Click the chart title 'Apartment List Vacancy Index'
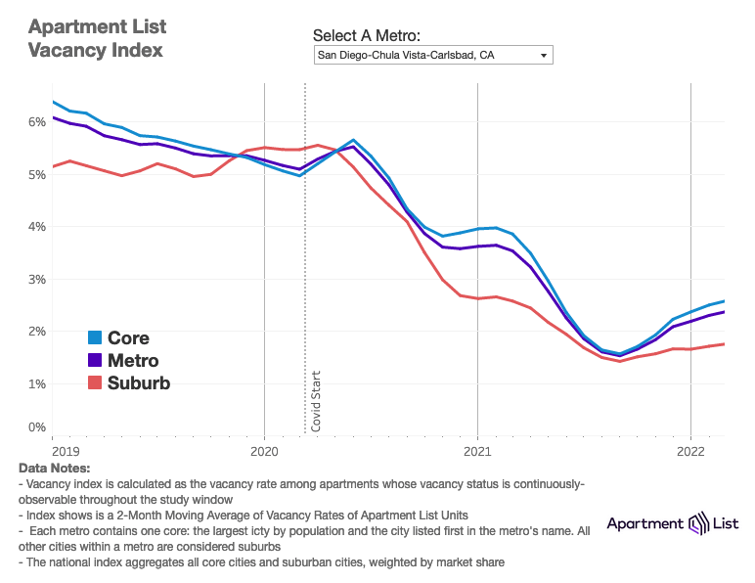[x=96, y=37]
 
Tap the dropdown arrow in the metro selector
[x=544, y=56]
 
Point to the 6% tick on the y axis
[x=37, y=122]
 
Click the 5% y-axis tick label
[x=37, y=174]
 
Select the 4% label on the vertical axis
[x=37, y=227]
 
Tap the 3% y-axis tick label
[x=37, y=279]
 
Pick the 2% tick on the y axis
[x=37, y=332]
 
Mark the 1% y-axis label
[x=37, y=383]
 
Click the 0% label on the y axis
[x=37, y=427]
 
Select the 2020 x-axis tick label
[x=265, y=452]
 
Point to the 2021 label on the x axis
[x=477, y=452]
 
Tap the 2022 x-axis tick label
[x=690, y=452]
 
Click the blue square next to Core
[x=95, y=338]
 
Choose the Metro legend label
[x=133, y=361]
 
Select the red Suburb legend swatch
[x=95, y=383]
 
